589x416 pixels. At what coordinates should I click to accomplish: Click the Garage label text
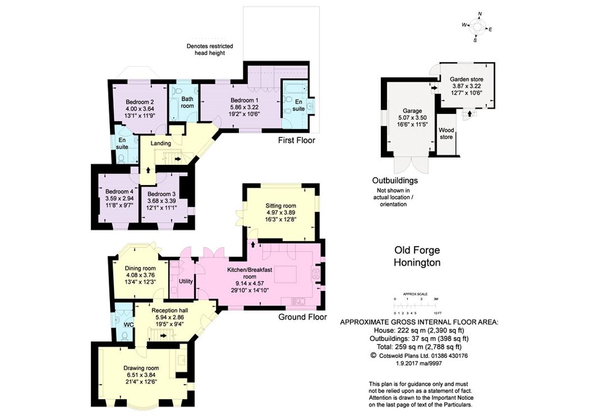(409, 111)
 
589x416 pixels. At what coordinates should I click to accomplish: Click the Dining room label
(141, 268)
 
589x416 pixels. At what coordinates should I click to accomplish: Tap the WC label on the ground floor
(129, 325)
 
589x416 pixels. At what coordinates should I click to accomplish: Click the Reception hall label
(169, 311)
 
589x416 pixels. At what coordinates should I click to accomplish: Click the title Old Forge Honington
(417, 257)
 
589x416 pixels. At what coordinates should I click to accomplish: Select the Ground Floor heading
(302, 317)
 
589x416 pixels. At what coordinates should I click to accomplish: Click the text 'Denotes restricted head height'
(210, 50)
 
